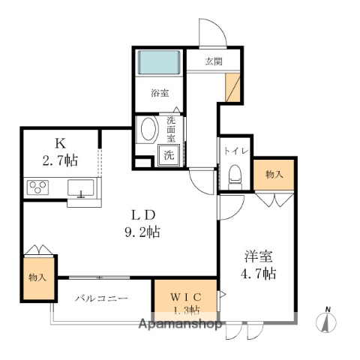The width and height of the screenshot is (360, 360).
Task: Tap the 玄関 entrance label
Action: point(214,62)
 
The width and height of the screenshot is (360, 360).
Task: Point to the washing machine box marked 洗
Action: point(169,155)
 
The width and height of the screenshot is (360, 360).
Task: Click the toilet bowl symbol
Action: point(232,176)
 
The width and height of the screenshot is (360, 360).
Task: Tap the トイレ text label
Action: point(232,150)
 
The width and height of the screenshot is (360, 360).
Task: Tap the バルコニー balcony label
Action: point(100,298)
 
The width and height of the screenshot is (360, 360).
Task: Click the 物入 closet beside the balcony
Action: point(37,277)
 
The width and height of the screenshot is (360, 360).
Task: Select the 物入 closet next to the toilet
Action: point(274,175)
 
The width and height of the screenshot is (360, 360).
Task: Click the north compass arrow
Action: point(327,320)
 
